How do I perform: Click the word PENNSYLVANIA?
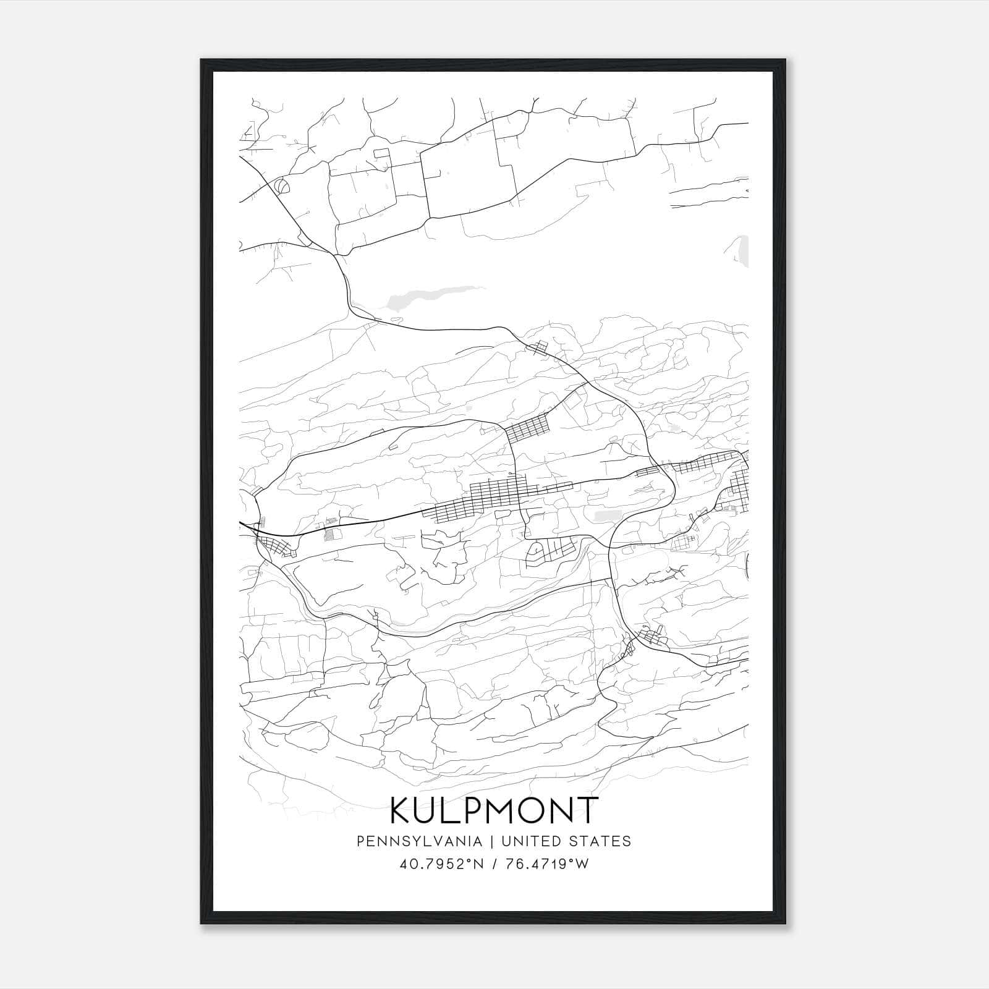pos(410,841)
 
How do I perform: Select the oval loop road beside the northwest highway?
pos(281,184)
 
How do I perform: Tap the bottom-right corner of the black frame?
pos(786,923)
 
